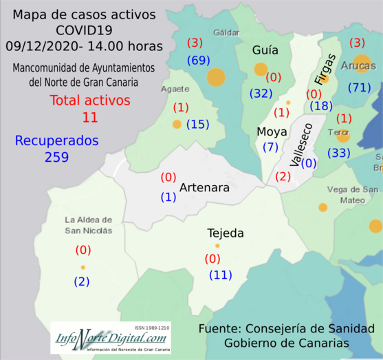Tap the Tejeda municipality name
(x=226, y=233)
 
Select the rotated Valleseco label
(x=301, y=145)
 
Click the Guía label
(x=265, y=50)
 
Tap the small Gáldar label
(x=226, y=32)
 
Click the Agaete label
(x=175, y=89)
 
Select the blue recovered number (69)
(x=198, y=61)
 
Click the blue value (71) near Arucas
(x=359, y=87)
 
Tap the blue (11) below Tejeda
(x=221, y=275)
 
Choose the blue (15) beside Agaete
(x=197, y=125)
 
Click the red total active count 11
(x=90, y=117)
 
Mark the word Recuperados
(x=57, y=140)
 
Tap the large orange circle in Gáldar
(x=216, y=77)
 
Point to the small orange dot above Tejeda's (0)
(x=217, y=246)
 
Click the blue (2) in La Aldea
(x=82, y=281)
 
